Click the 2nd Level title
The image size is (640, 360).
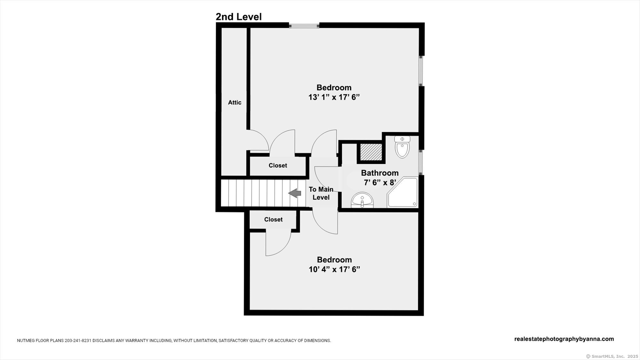point(238,17)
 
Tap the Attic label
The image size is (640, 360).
point(235,102)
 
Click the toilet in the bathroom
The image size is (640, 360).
point(402,147)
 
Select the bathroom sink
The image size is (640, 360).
point(362,200)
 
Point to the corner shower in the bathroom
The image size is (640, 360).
point(403,192)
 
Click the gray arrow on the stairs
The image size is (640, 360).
point(295,193)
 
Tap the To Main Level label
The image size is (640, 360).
point(321,193)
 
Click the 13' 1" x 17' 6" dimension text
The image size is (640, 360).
point(334,97)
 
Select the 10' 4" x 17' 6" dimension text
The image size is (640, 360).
point(334,269)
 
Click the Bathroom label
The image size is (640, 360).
point(380,173)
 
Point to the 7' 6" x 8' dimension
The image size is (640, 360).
point(380,183)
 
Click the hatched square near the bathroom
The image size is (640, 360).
point(371,152)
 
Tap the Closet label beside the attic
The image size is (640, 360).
point(278,165)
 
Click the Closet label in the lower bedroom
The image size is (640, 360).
point(273,220)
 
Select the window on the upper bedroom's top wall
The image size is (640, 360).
point(304,25)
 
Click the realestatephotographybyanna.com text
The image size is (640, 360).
point(564,339)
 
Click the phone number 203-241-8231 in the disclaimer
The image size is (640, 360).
point(78,341)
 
